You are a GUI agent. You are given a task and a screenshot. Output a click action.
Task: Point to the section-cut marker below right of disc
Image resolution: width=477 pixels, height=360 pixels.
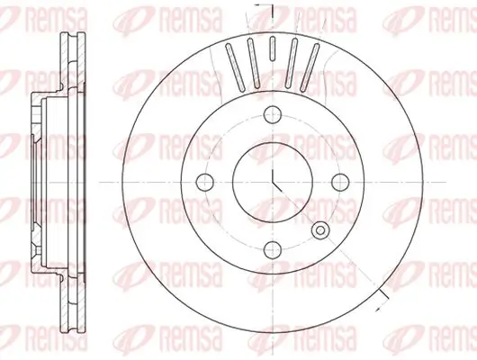(382, 297)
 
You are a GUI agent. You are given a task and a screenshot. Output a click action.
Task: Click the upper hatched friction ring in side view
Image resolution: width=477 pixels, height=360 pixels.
(65, 63)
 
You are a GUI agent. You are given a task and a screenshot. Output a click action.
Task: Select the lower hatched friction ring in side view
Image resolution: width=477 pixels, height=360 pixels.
(65, 301)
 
